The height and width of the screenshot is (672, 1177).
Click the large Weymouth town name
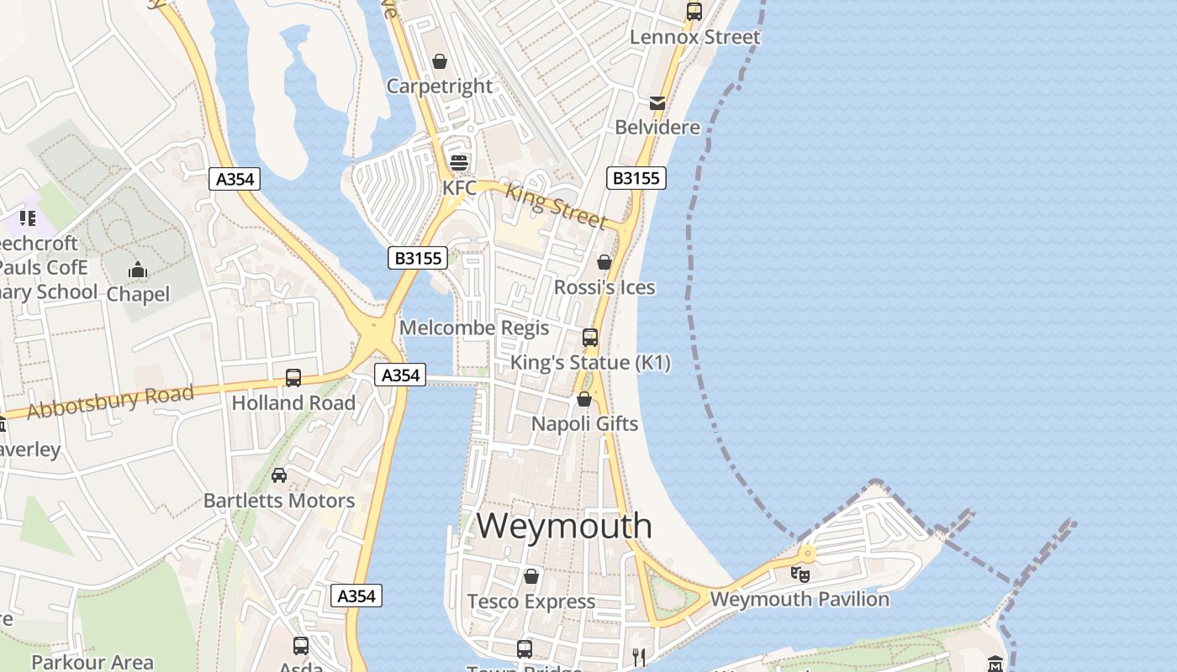coord(564,526)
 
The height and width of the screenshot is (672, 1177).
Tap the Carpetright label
coord(440,86)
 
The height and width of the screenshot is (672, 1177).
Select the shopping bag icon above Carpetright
coord(439,61)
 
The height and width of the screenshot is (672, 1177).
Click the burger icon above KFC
coord(458,162)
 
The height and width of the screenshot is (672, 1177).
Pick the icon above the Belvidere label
coord(657,103)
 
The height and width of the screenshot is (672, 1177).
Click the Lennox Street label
coord(694,37)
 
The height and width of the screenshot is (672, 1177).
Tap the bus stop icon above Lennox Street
coord(694,12)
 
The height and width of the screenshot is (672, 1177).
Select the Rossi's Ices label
coord(604,287)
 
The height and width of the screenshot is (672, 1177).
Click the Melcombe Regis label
coord(474,328)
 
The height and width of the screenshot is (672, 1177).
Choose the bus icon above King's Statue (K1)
coord(590,338)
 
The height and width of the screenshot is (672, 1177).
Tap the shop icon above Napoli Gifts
coord(584,399)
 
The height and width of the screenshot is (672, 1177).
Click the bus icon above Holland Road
coord(293,378)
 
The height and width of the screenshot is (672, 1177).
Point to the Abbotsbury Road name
coord(109,402)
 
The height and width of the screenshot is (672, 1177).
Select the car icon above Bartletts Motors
coord(279,475)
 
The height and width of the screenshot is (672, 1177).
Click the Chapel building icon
coord(137,270)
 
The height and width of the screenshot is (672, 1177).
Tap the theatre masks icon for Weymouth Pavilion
coord(800,575)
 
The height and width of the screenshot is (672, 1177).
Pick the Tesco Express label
coord(530,601)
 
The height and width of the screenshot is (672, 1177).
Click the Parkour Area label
coord(92,662)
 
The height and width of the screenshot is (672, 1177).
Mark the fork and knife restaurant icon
coord(639,656)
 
